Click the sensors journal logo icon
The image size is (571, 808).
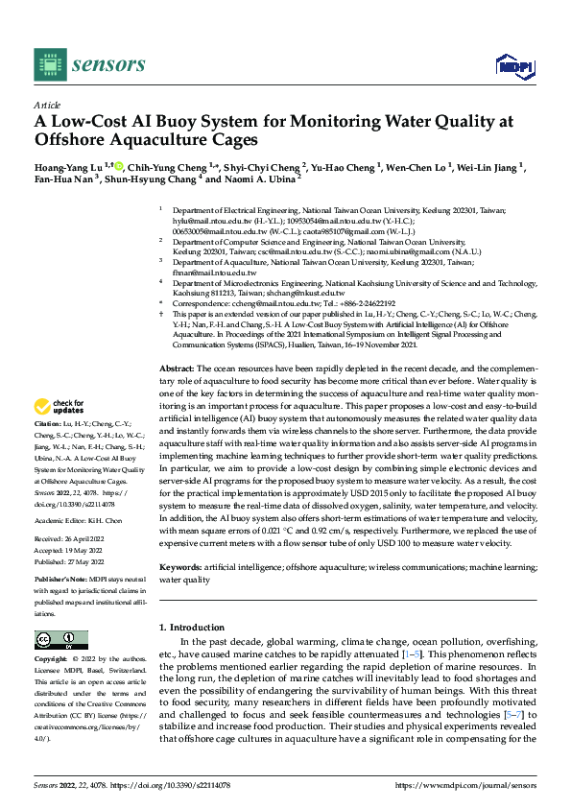pos(48,64)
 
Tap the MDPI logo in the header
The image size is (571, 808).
pos(512,65)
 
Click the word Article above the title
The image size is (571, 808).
pos(47,105)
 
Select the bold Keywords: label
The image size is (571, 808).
pos(181,567)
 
